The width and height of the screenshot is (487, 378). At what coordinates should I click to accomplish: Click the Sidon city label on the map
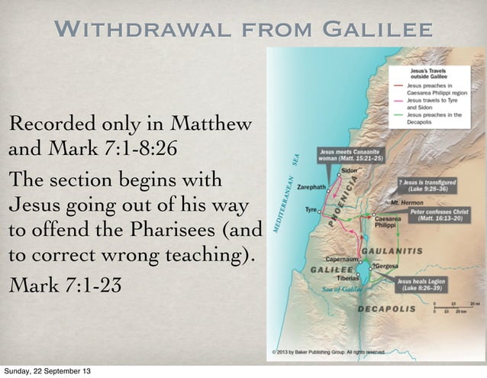click(x=349, y=170)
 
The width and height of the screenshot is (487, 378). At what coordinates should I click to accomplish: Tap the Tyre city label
click(x=311, y=208)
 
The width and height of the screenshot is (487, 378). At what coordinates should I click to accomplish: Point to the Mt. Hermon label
click(x=405, y=202)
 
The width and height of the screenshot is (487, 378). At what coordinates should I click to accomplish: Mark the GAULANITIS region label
click(x=392, y=250)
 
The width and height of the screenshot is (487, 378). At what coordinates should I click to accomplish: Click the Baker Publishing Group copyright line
click(x=325, y=352)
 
